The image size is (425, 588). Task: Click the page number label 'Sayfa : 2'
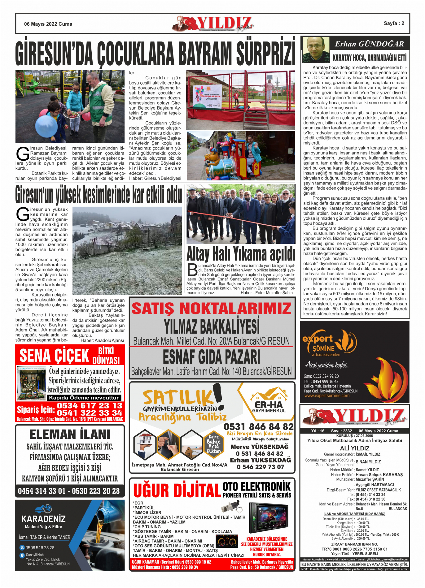(394, 23)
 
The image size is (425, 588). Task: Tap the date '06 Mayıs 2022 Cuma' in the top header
(48, 24)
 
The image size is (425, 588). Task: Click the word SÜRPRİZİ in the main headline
(265, 52)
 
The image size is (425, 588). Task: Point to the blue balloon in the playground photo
(46, 126)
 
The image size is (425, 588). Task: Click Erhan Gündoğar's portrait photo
(316, 50)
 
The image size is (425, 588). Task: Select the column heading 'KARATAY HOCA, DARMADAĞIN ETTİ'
(369, 58)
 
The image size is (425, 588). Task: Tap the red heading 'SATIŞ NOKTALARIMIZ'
(212, 309)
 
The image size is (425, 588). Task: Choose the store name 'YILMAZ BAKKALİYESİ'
(212, 326)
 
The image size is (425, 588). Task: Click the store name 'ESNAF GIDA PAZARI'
(212, 357)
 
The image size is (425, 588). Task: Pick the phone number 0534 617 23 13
(90, 406)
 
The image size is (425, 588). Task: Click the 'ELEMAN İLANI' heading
(70, 434)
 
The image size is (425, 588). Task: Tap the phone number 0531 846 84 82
(259, 427)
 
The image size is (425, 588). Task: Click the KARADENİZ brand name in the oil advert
(43, 519)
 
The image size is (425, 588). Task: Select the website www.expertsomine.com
(327, 396)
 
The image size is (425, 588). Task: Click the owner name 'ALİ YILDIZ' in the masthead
(354, 448)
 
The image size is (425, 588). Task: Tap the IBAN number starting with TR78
(354, 549)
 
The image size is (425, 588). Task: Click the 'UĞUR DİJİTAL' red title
(177, 491)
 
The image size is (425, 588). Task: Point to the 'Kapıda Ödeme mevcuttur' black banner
(84, 398)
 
